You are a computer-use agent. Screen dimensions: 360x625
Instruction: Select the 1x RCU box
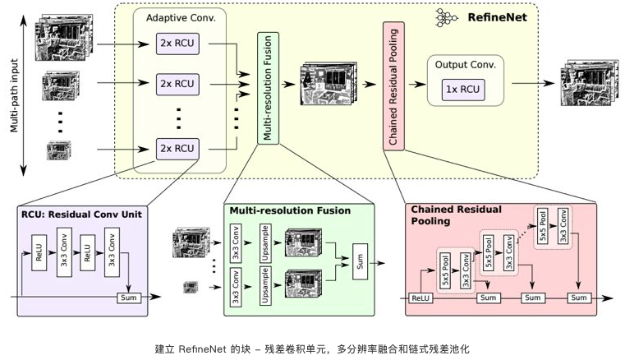point(464,89)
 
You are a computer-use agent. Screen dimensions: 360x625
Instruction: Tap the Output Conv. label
point(465,64)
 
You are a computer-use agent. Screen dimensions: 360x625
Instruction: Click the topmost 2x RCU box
point(177,41)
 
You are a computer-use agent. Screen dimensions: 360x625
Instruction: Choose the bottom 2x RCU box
point(177,148)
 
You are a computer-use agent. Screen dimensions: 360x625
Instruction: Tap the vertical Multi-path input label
point(14,89)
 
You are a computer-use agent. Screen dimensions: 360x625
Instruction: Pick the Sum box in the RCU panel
point(129,297)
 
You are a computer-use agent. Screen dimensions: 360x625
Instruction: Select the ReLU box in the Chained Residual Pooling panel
point(420,297)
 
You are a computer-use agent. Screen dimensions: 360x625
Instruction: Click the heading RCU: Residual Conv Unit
point(82,214)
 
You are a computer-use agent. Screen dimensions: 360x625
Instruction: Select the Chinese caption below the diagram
point(312,348)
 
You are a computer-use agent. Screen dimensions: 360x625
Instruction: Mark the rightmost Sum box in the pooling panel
point(580,297)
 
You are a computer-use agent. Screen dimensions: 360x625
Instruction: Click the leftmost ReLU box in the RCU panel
point(38,252)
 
